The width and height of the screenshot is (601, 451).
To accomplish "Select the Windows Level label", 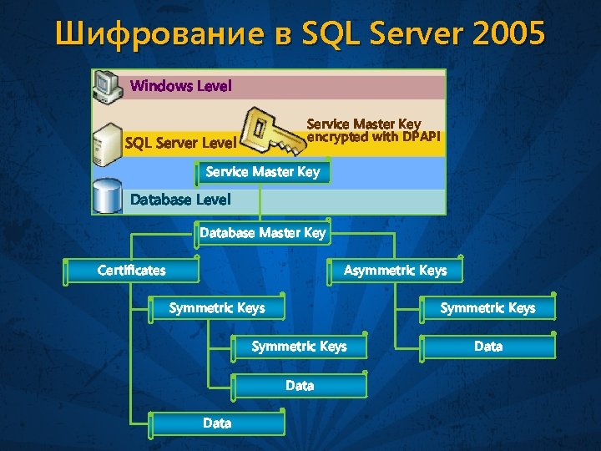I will pyautogui.click(x=181, y=86).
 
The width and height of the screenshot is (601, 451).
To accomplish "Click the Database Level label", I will pyautogui.click(x=180, y=200).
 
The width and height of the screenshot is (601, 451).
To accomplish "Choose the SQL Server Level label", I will pyautogui.click(x=179, y=143).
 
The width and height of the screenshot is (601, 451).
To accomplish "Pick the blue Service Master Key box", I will pyautogui.click(x=262, y=172).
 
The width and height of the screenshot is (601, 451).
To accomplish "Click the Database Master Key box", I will pyautogui.click(x=262, y=233).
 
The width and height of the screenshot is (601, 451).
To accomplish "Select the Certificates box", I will pyautogui.click(x=131, y=270).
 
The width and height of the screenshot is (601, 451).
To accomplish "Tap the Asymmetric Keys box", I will pyautogui.click(x=395, y=270).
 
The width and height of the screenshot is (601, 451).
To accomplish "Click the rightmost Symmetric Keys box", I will pyautogui.click(x=487, y=308).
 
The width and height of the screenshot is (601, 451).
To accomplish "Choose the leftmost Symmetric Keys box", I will pyautogui.click(x=216, y=308).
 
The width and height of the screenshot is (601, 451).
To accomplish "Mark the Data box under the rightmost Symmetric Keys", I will pyautogui.click(x=487, y=346).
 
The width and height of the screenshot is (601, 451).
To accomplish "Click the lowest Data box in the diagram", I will pyautogui.click(x=217, y=423).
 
